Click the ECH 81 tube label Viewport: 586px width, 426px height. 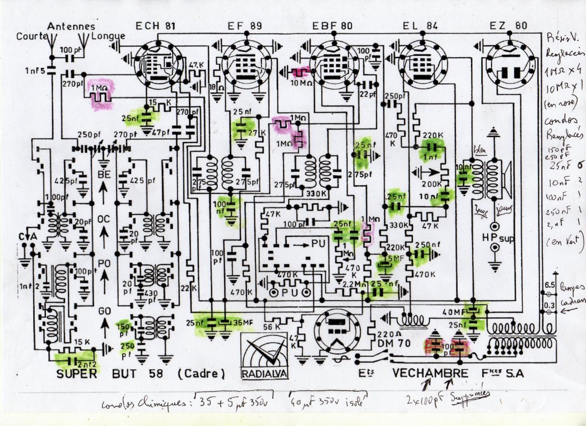tap(154, 26)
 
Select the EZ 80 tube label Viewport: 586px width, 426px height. tap(508, 26)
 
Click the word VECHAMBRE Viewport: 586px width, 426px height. tap(430, 373)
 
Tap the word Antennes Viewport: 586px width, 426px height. tap(71, 27)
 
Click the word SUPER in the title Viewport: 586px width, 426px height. tap(77, 373)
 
